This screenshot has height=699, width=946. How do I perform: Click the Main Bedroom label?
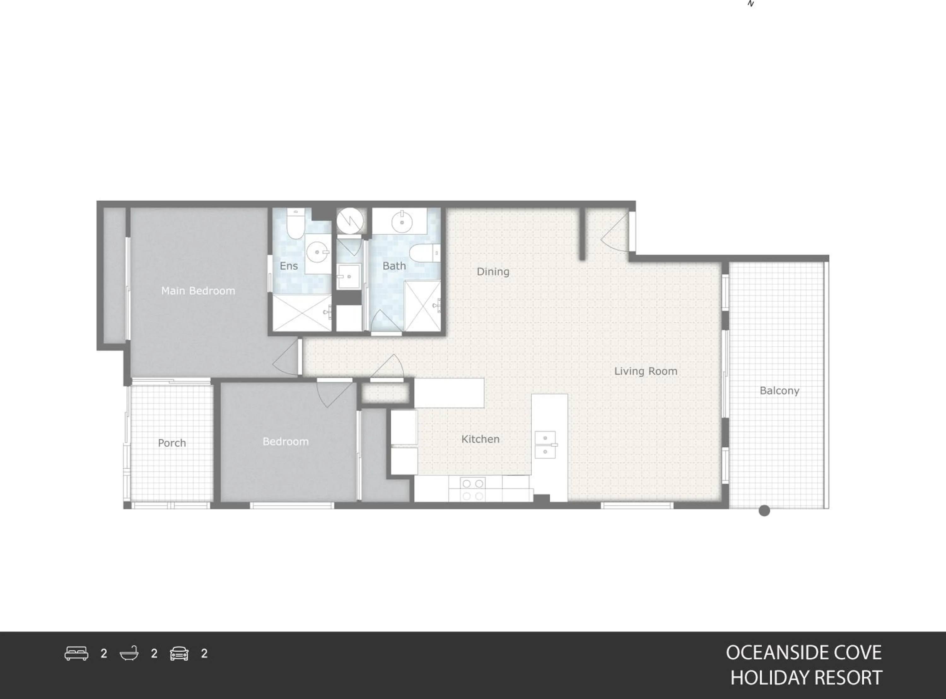click(x=198, y=291)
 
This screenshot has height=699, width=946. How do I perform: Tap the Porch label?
click(x=172, y=443)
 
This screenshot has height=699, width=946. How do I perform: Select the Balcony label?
click(x=780, y=391)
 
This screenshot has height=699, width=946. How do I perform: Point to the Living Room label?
click(x=645, y=371)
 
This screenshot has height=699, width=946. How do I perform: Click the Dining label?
click(x=493, y=272)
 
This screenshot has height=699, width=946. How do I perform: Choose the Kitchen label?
click(x=480, y=439)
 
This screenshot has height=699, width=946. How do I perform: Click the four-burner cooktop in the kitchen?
click(x=472, y=490)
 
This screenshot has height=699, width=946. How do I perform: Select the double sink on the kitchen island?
click(x=545, y=445)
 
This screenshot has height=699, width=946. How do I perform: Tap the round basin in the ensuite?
click(x=318, y=252)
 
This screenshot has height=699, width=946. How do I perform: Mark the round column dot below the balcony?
click(x=764, y=511)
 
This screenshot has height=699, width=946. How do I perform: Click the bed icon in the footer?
click(x=77, y=653)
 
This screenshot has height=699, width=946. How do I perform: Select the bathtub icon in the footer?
click(x=129, y=653)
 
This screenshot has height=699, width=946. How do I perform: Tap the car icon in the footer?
click(x=179, y=653)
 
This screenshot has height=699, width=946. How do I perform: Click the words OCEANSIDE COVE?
click(x=803, y=652)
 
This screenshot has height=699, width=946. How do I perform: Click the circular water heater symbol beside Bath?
click(x=350, y=220)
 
